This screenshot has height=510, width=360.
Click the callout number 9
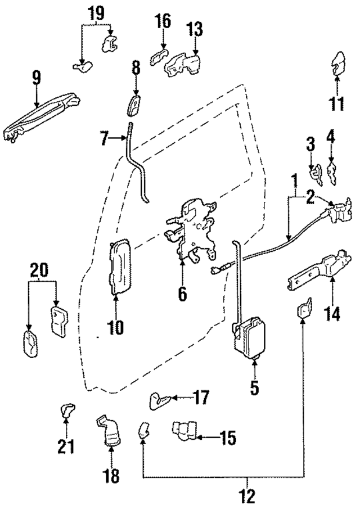pyautogui.click(x=37, y=77)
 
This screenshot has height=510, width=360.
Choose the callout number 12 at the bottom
pyautogui.click(x=247, y=496)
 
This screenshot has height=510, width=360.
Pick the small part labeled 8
pyautogui.click(x=136, y=105)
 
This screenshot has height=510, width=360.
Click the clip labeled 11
pyautogui.click(x=339, y=63)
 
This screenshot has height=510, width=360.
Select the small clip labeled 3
pyautogui.click(x=317, y=174)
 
